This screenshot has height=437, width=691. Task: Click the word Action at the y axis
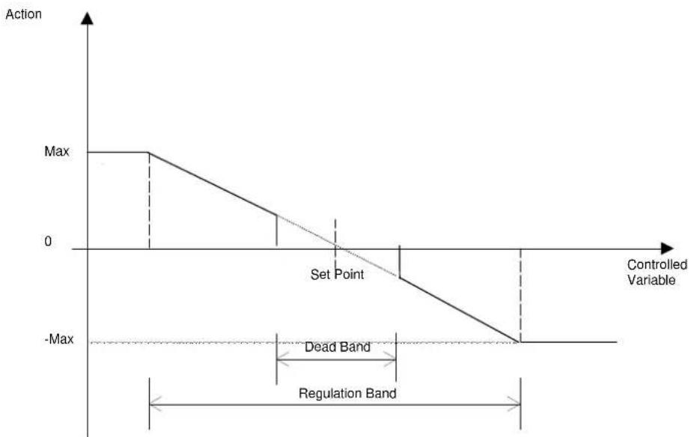tap(24, 14)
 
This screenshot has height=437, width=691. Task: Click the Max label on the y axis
tap(57, 152)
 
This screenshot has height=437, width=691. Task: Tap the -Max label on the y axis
tap(59, 339)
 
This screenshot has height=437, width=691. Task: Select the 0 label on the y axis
tap(48, 242)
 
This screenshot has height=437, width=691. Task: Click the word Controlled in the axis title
tap(657, 264)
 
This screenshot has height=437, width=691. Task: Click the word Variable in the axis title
tap(651, 280)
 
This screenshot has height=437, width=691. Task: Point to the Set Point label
tap(337, 275)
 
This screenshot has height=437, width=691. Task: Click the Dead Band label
tap(338, 347)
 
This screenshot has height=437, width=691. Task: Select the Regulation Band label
tap(347, 393)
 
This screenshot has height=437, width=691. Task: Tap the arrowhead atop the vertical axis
tap(88, 19)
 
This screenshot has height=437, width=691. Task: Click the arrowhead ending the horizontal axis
tap(667, 248)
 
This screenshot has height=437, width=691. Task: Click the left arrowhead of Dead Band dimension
tap(282, 359)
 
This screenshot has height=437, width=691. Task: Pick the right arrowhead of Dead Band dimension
tap(390, 359)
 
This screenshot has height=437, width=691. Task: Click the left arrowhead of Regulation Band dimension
tap(156, 404)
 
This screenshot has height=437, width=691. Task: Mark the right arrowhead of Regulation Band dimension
tap(514, 404)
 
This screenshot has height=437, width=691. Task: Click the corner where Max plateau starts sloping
tap(149, 153)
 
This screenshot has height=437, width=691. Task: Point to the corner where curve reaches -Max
tap(519, 341)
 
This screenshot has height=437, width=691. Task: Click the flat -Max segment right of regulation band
tap(568, 341)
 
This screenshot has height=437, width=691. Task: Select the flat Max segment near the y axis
tap(118, 153)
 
